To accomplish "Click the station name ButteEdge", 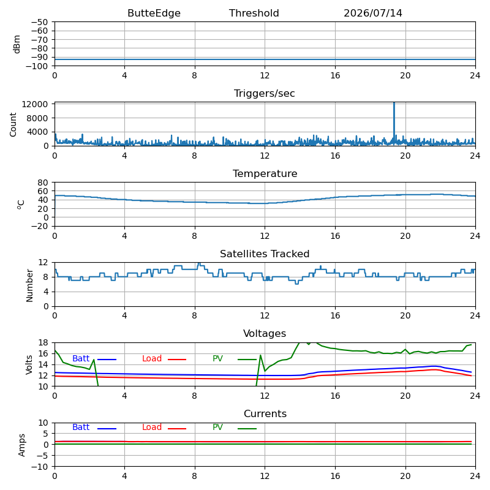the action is (x=154, y=13).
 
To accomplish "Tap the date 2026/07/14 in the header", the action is (x=373, y=13).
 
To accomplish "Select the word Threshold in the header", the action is (x=254, y=13).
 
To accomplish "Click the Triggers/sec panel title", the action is (x=265, y=94).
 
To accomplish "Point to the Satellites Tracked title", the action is (x=265, y=254).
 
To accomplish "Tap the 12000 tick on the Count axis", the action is (x=35, y=104).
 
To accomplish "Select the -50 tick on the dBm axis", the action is (x=39, y=22).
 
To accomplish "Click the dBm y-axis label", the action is (x=17, y=44).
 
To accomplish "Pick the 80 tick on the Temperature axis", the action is (x=43, y=183).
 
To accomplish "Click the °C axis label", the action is (x=20, y=205).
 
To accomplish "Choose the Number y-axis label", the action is (x=29, y=285).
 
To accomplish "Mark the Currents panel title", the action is (x=265, y=414).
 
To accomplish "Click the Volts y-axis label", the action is (x=29, y=364).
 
